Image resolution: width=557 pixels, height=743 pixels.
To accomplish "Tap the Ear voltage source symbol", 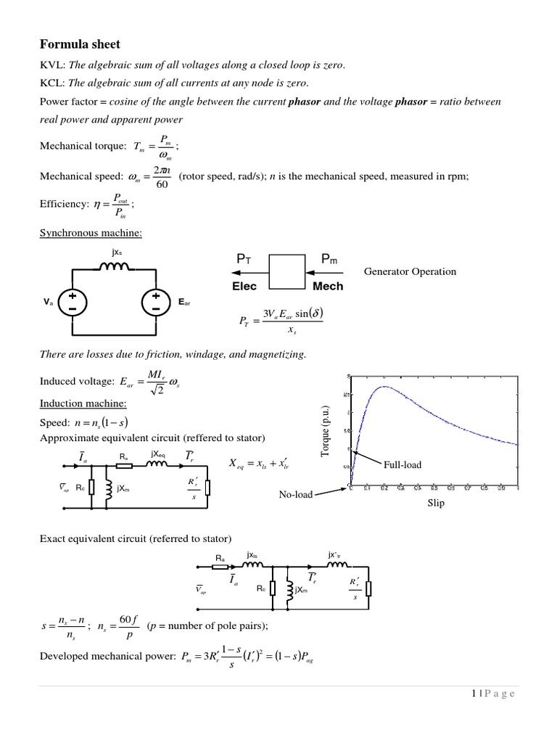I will click(x=155, y=301).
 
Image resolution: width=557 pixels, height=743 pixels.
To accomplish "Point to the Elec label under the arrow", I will click(x=244, y=286).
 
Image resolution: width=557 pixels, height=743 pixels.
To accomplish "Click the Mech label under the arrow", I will click(x=327, y=286).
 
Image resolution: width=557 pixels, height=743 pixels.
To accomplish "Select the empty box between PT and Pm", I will click(x=287, y=270).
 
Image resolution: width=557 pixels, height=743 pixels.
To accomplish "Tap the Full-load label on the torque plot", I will click(x=403, y=464).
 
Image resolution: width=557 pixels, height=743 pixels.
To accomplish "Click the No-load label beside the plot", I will click(x=295, y=494).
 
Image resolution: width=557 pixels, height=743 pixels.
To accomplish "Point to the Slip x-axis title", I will click(x=435, y=503).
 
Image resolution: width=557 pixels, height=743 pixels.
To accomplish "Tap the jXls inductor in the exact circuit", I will click(x=252, y=565).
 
